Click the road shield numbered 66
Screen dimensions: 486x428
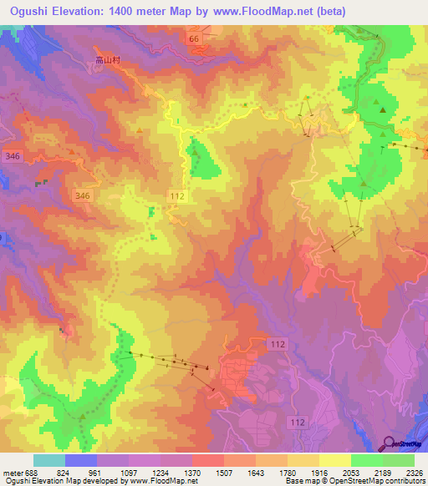point(195,38)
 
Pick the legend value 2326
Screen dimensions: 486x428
point(414,472)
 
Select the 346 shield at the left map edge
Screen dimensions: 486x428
point(12,155)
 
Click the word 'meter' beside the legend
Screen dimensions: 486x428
point(11,472)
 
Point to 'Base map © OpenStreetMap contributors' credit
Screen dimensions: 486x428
point(354,481)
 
